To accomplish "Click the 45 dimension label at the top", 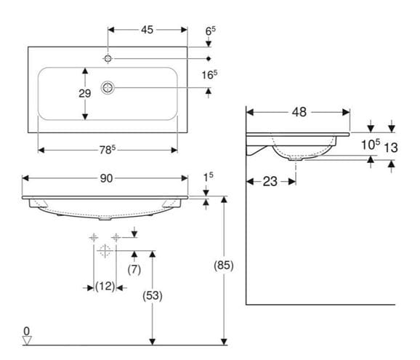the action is click(x=147, y=30).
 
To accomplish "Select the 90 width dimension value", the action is click(x=106, y=178).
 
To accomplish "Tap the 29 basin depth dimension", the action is click(x=84, y=93).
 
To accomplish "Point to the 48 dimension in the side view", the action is click(x=299, y=112).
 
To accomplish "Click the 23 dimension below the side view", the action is click(x=270, y=182).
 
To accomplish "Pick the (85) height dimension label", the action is click(x=224, y=265).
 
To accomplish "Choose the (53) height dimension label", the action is click(x=153, y=296).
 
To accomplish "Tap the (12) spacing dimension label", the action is click(x=105, y=287).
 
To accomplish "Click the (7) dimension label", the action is click(x=134, y=269).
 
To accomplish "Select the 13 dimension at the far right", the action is click(x=391, y=148).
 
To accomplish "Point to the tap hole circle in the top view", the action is click(x=108, y=58).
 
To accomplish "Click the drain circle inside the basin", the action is click(x=108, y=88).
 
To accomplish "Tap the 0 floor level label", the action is click(x=26, y=332).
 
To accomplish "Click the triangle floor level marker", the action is click(x=27, y=340).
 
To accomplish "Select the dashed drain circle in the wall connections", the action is click(x=105, y=251).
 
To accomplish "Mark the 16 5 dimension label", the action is click(x=209, y=75).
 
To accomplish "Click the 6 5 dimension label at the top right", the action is click(x=211, y=31).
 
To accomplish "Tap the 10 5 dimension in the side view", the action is click(x=371, y=145).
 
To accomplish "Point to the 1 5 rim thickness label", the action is click(x=209, y=177).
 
